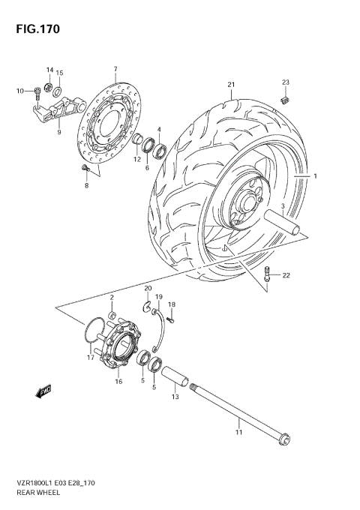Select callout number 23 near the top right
pos(285,82)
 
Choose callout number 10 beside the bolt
pos(20,91)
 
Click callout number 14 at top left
pos(49,70)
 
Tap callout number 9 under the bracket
pos(58,133)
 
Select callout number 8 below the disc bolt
pos(86,184)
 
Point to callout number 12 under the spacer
pos(137,159)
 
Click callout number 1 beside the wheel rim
pos(316,177)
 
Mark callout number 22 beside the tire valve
pos(286,275)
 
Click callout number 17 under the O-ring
pos(89,357)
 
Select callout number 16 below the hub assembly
pos(118,382)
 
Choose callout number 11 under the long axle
pos(239,432)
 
